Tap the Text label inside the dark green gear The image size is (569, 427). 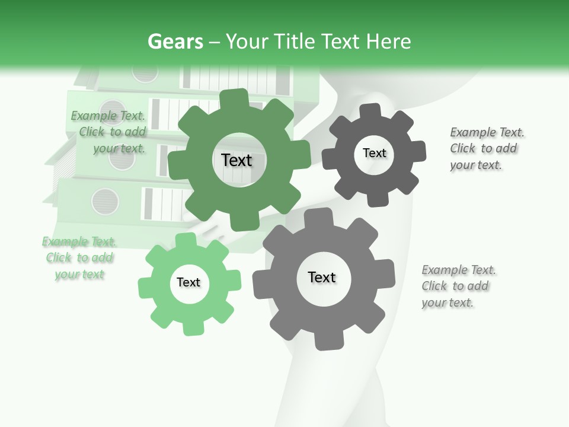tap(237, 160)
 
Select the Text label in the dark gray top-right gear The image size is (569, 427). tap(375, 153)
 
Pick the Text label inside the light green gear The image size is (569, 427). tap(188, 282)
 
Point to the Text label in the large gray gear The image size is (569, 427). tap(322, 277)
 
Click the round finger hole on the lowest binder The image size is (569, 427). tap(105, 202)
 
